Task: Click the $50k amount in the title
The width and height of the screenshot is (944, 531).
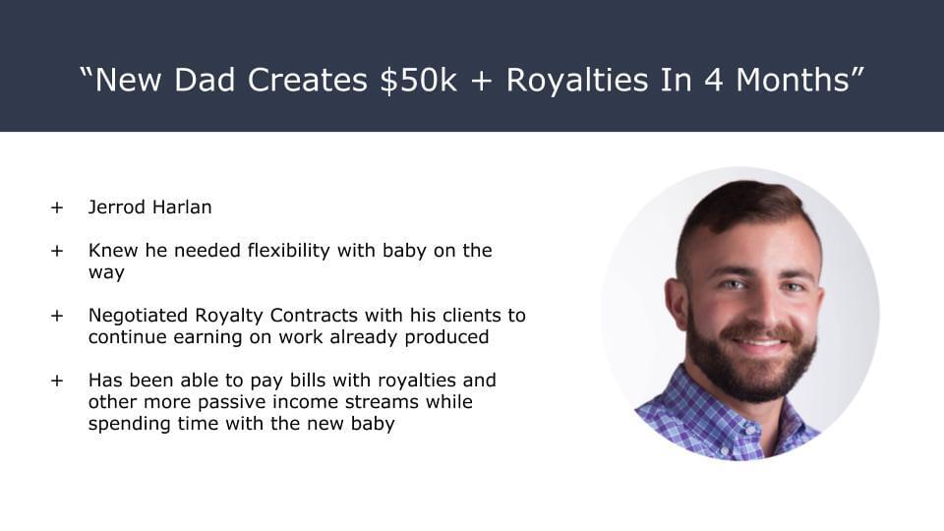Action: [x=419, y=80]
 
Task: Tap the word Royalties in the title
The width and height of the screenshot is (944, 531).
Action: [x=577, y=80]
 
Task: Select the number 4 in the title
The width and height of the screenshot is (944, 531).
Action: [x=714, y=80]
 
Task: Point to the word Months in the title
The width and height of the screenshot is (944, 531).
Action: [x=793, y=80]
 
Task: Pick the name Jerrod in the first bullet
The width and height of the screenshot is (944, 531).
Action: [x=117, y=207]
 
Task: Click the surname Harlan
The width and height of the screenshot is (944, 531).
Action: [x=182, y=207]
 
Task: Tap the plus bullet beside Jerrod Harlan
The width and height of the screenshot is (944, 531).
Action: [x=57, y=207]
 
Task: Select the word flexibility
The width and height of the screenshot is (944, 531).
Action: [x=288, y=251]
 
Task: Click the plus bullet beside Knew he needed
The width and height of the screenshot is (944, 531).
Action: [x=57, y=251]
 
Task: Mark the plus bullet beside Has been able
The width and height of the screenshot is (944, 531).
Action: [x=57, y=382]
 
